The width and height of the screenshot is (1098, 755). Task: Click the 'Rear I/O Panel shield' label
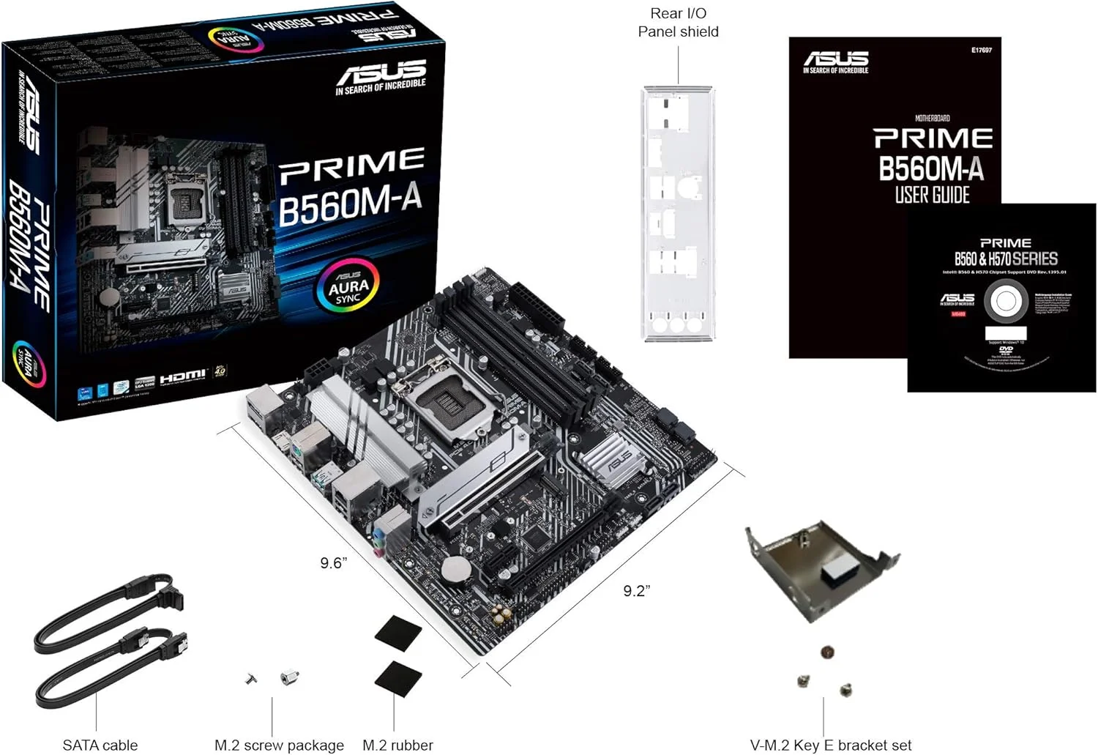678,23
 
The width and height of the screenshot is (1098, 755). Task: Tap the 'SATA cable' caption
100,745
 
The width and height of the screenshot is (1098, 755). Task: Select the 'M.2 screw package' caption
279,745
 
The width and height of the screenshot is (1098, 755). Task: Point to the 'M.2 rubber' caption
397,745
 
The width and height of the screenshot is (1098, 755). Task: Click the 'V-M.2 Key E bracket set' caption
831,745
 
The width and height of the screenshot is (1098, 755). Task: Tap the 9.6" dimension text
333,562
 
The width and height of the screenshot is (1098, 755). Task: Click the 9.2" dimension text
636,591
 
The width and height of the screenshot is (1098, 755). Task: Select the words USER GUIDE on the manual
932,195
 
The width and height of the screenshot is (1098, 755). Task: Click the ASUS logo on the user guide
836,60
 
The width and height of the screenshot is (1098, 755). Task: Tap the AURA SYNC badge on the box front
348,284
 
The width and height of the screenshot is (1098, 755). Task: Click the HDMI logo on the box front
183,376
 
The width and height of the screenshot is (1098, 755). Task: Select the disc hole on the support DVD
1005,302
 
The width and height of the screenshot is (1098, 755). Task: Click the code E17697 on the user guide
981,51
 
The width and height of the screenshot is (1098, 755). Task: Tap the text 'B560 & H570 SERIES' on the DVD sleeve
1005,259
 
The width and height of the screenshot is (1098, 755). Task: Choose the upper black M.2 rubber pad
398,631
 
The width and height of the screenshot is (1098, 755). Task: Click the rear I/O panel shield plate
677,212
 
